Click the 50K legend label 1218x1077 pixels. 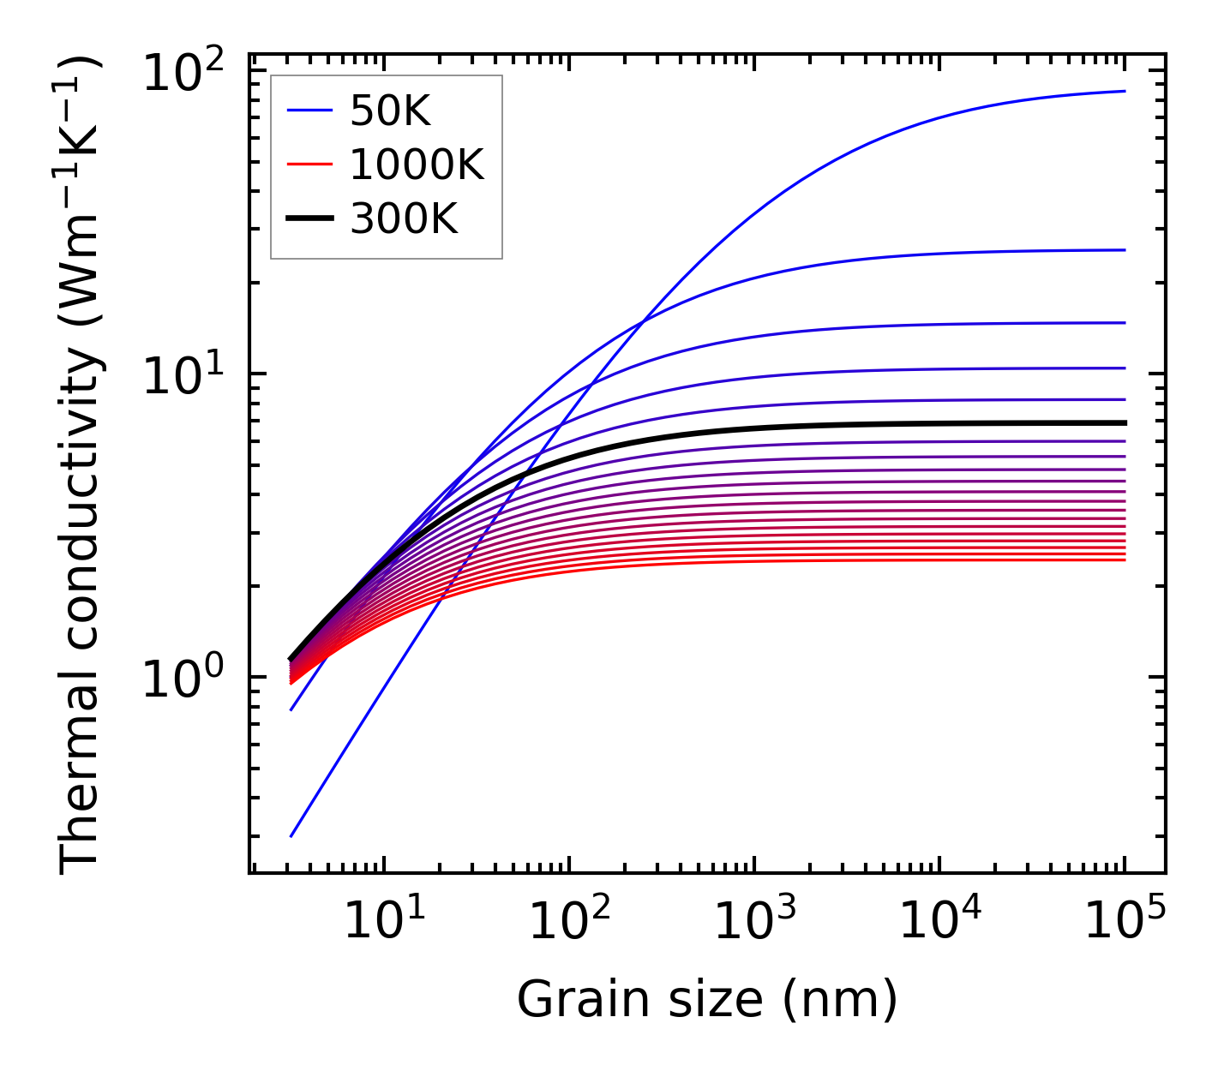pyautogui.click(x=390, y=111)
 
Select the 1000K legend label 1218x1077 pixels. pyautogui.click(x=417, y=165)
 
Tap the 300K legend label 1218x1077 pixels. pyautogui.click(x=404, y=220)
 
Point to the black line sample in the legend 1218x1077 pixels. pyautogui.click(x=309, y=220)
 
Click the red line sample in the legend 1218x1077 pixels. pyautogui.click(x=309, y=165)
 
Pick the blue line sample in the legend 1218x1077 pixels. pyautogui.click(x=309, y=111)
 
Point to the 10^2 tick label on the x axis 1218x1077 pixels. pyautogui.click(x=569, y=921)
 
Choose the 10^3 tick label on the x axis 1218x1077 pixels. pyautogui.click(x=754, y=921)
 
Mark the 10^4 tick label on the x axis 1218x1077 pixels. pyautogui.click(x=939, y=921)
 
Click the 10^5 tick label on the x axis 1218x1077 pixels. pyautogui.click(x=1125, y=921)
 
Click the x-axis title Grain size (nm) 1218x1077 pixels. pyautogui.click(x=707, y=1000)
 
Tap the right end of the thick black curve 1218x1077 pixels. pyautogui.click(x=1125, y=422)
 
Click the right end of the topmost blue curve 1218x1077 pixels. pyautogui.click(x=1125, y=91)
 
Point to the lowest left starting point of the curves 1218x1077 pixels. pyautogui.click(x=291, y=836)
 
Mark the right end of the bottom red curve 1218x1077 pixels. pyautogui.click(x=1125, y=559)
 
